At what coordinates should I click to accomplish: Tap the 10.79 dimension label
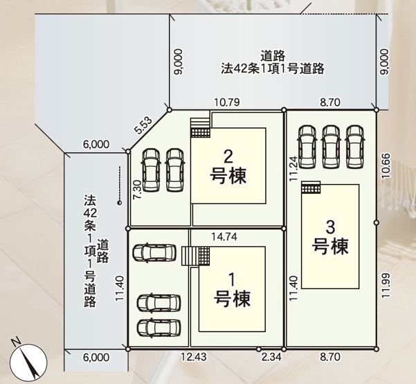[x=226, y=102]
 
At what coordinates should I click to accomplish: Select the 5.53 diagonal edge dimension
[x=144, y=125]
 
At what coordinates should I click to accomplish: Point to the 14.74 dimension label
[x=224, y=237]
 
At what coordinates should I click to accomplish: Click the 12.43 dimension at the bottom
[x=194, y=357]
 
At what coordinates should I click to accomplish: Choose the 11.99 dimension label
[x=386, y=284]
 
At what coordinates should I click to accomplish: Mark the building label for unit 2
[x=228, y=166]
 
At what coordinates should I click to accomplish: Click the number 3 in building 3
[x=330, y=225]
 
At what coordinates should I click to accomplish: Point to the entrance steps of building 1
[x=190, y=257]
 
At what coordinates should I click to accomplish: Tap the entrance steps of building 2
[x=200, y=127]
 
